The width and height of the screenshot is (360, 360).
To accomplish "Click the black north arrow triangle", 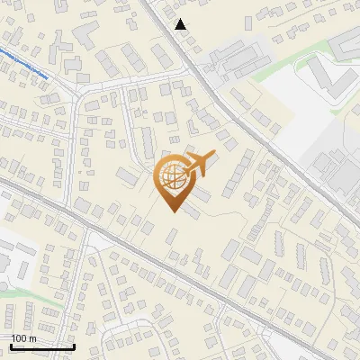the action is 181,24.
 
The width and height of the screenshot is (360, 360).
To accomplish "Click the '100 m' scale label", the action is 23,338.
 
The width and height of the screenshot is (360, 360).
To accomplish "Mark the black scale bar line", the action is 41,346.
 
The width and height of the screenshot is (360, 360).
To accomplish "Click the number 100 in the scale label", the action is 19,338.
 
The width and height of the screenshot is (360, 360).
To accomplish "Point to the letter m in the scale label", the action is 32,338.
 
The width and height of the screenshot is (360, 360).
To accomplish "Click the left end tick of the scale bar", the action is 10,346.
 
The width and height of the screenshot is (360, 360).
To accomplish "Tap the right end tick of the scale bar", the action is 74,346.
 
